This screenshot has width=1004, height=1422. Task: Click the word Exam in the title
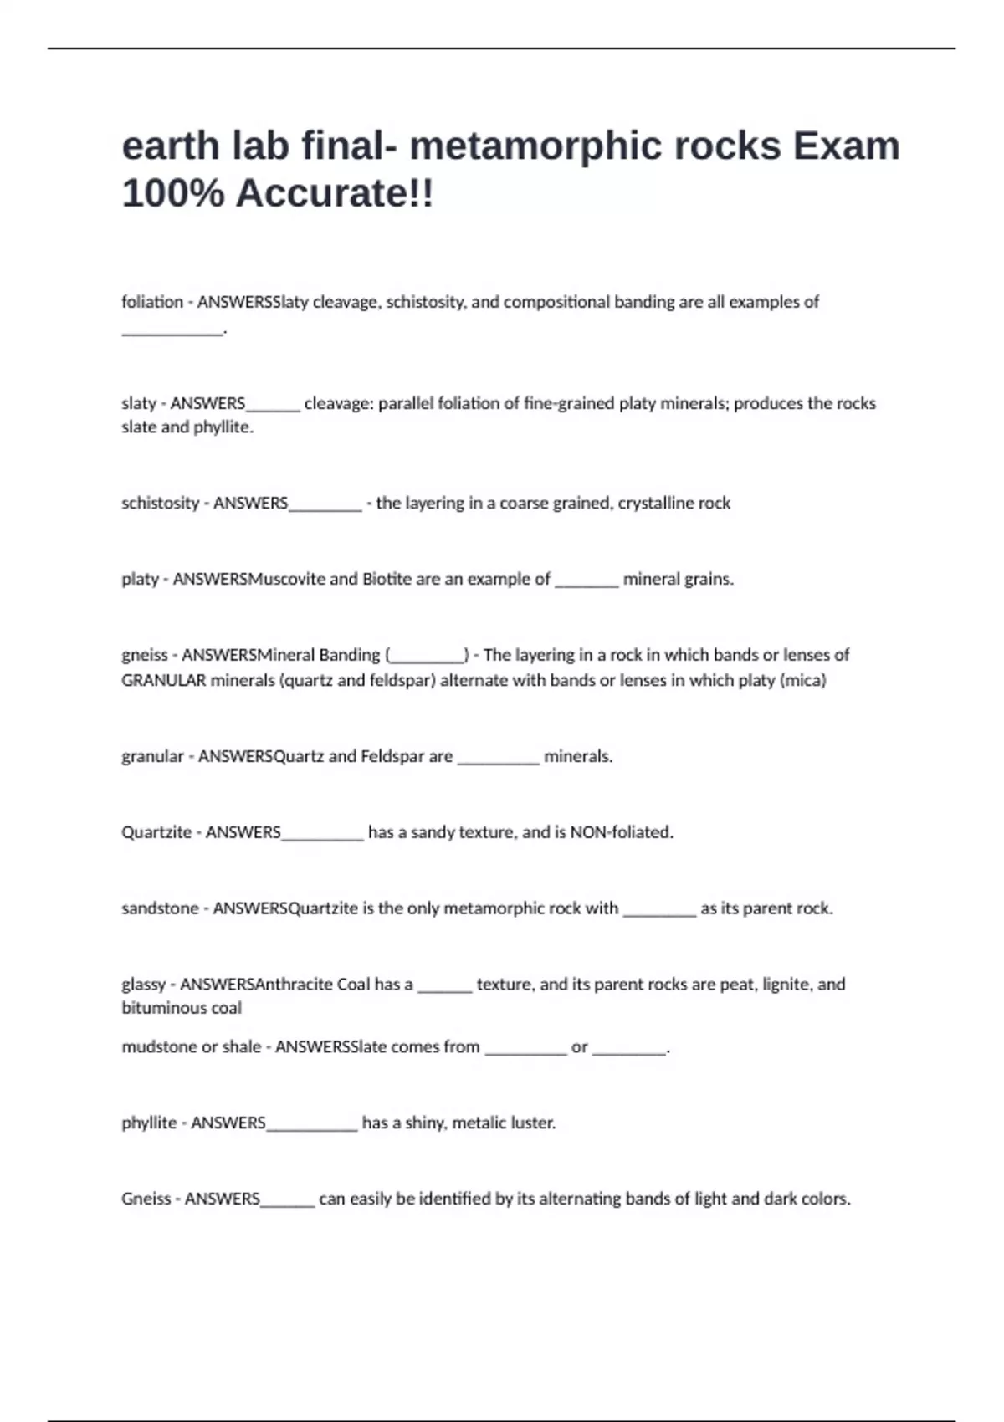tap(846, 146)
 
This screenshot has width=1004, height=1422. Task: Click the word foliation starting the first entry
tap(152, 302)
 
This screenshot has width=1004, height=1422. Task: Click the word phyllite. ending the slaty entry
tap(223, 427)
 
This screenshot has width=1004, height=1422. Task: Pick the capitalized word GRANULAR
tap(163, 680)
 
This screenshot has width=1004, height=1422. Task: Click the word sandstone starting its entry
tap(160, 908)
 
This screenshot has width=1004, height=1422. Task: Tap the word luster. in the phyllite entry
tap(533, 1123)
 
